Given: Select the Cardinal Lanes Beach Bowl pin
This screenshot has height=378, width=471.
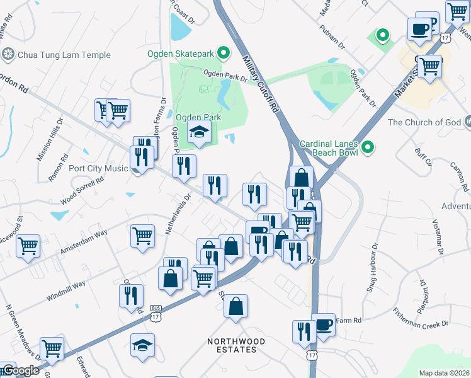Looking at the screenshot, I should coord(368,148).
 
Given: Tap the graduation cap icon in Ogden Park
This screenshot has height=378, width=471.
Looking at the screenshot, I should coord(199,132).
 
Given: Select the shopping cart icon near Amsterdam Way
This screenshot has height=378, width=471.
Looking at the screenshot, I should coord(142,236).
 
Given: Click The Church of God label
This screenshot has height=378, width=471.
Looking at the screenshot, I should coord(425,122).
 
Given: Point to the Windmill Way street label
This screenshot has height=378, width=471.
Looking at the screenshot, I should coord(65,290).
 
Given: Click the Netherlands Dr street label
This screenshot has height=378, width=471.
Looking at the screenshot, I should coord(178,214).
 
